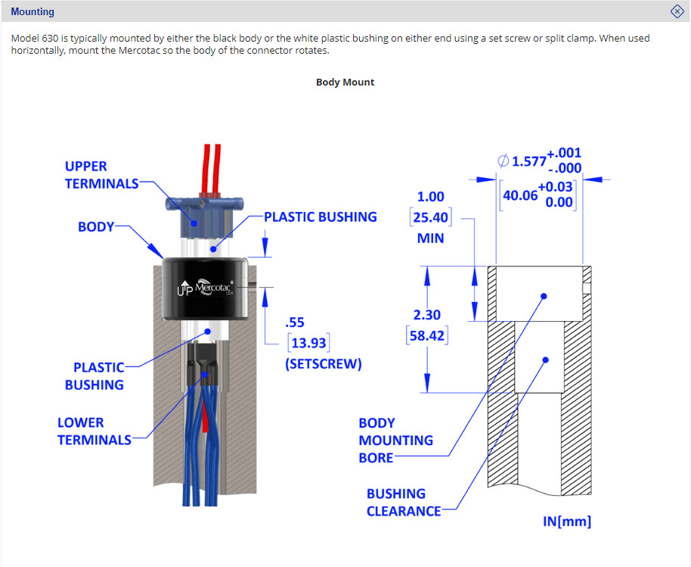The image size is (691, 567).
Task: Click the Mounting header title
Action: tap(33, 12)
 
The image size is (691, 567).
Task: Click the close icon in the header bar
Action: tap(677, 11)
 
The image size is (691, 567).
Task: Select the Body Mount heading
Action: tap(345, 82)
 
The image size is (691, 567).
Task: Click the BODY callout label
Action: tap(96, 226)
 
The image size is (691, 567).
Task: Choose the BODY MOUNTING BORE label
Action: tap(396, 440)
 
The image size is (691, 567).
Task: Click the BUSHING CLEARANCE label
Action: tap(404, 502)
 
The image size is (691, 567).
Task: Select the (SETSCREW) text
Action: tap(323, 364)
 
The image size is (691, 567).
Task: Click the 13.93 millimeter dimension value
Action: tap(308, 343)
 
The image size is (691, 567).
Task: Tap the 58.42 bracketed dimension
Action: tap(428, 335)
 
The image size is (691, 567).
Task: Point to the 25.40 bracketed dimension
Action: tap(429, 218)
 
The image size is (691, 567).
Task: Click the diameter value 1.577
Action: tap(528, 161)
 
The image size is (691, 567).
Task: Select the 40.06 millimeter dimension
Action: tap(519, 195)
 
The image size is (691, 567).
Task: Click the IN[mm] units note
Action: tap(567, 522)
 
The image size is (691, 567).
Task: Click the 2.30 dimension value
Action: tap(426, 315)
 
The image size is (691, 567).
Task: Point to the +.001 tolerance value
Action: tap(563, 154)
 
